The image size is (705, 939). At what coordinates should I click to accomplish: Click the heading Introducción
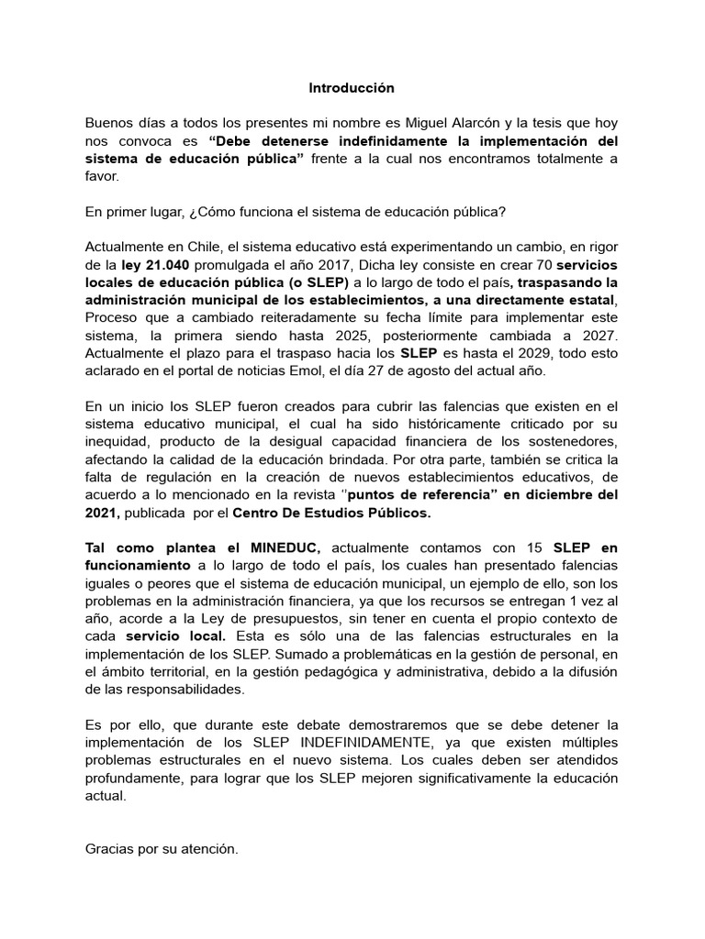click(352, 88)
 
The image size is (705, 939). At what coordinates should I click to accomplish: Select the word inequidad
click(117, 441)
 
